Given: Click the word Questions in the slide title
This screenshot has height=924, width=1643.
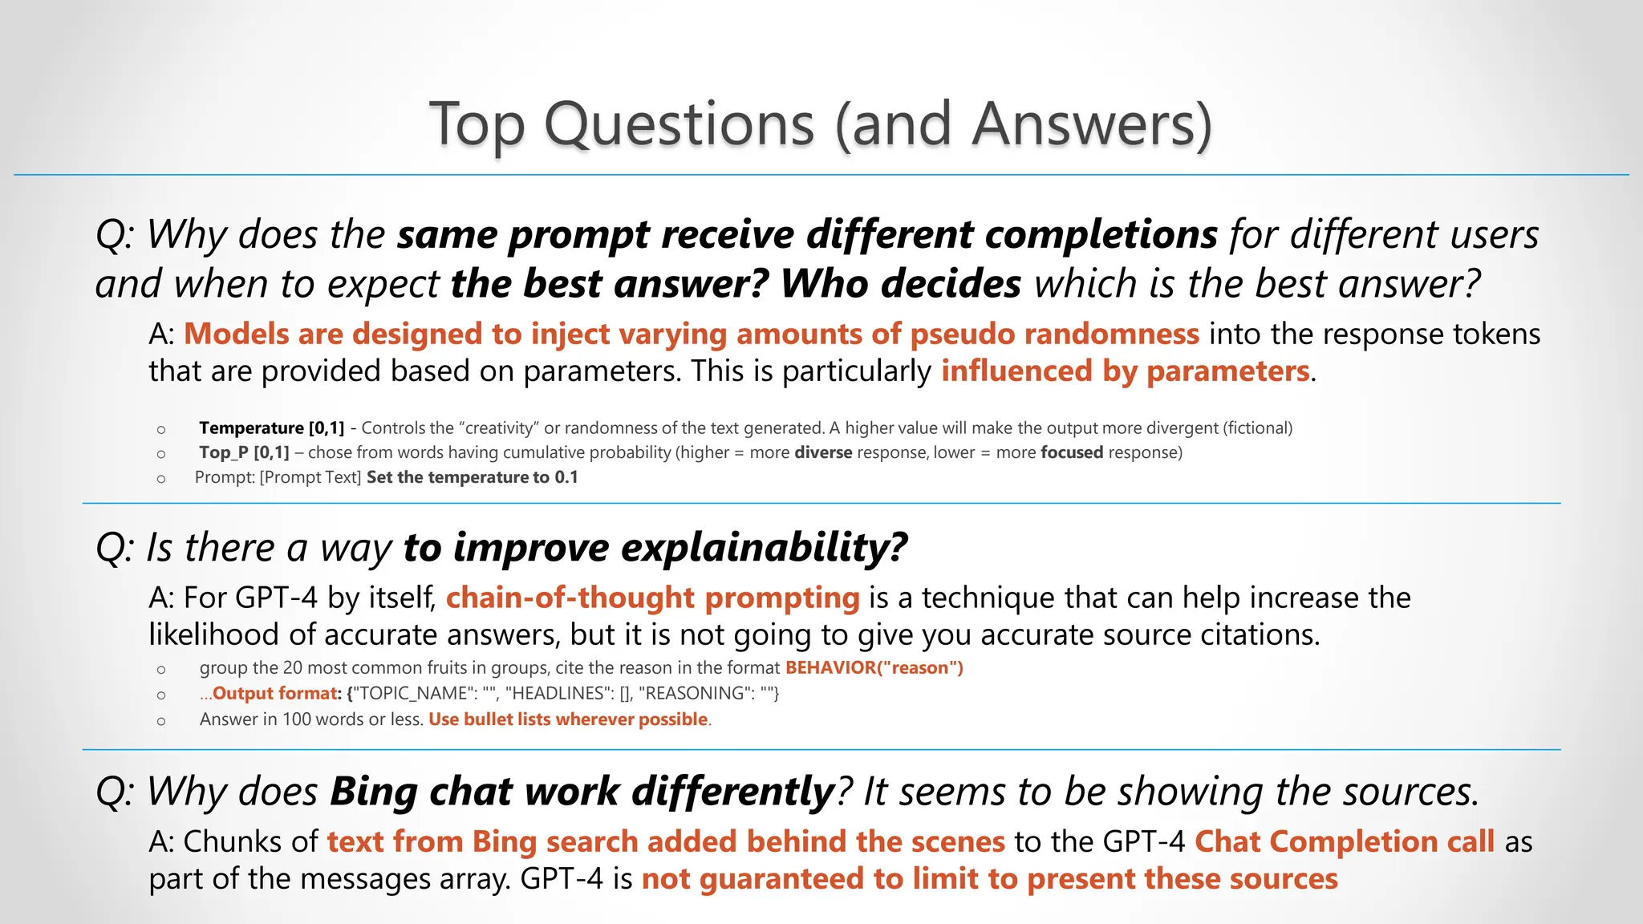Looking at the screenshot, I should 679,125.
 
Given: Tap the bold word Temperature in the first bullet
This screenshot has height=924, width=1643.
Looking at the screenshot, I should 251,428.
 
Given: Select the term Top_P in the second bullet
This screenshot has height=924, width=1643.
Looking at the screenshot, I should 224,452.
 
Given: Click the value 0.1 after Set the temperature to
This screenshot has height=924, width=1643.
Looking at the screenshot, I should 566,477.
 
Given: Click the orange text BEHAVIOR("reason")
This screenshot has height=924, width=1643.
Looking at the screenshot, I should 874,668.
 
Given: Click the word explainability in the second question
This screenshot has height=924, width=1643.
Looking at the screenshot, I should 764,549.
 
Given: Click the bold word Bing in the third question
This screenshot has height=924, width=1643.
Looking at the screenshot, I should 374,792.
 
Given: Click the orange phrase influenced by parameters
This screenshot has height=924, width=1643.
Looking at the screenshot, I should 1125,371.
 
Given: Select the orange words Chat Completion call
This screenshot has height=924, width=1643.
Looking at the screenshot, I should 1344,842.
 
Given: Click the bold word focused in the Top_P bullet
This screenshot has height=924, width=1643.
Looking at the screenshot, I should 1071,452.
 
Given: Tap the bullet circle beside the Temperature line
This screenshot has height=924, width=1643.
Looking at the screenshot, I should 161,430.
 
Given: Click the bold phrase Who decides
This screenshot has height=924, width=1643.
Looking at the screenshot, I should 900,285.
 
